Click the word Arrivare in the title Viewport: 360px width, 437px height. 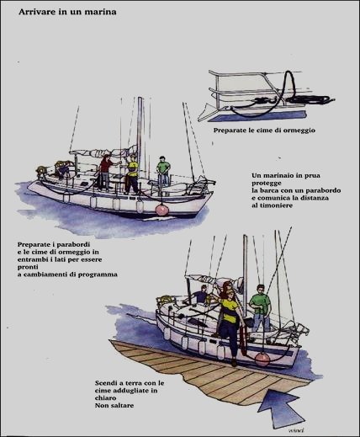point(33,12)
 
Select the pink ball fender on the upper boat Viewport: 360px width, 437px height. point(161,210)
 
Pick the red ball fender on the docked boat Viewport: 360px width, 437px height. point(262,359)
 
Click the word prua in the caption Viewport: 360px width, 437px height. point(313,176)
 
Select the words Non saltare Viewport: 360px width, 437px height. point(114,405)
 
